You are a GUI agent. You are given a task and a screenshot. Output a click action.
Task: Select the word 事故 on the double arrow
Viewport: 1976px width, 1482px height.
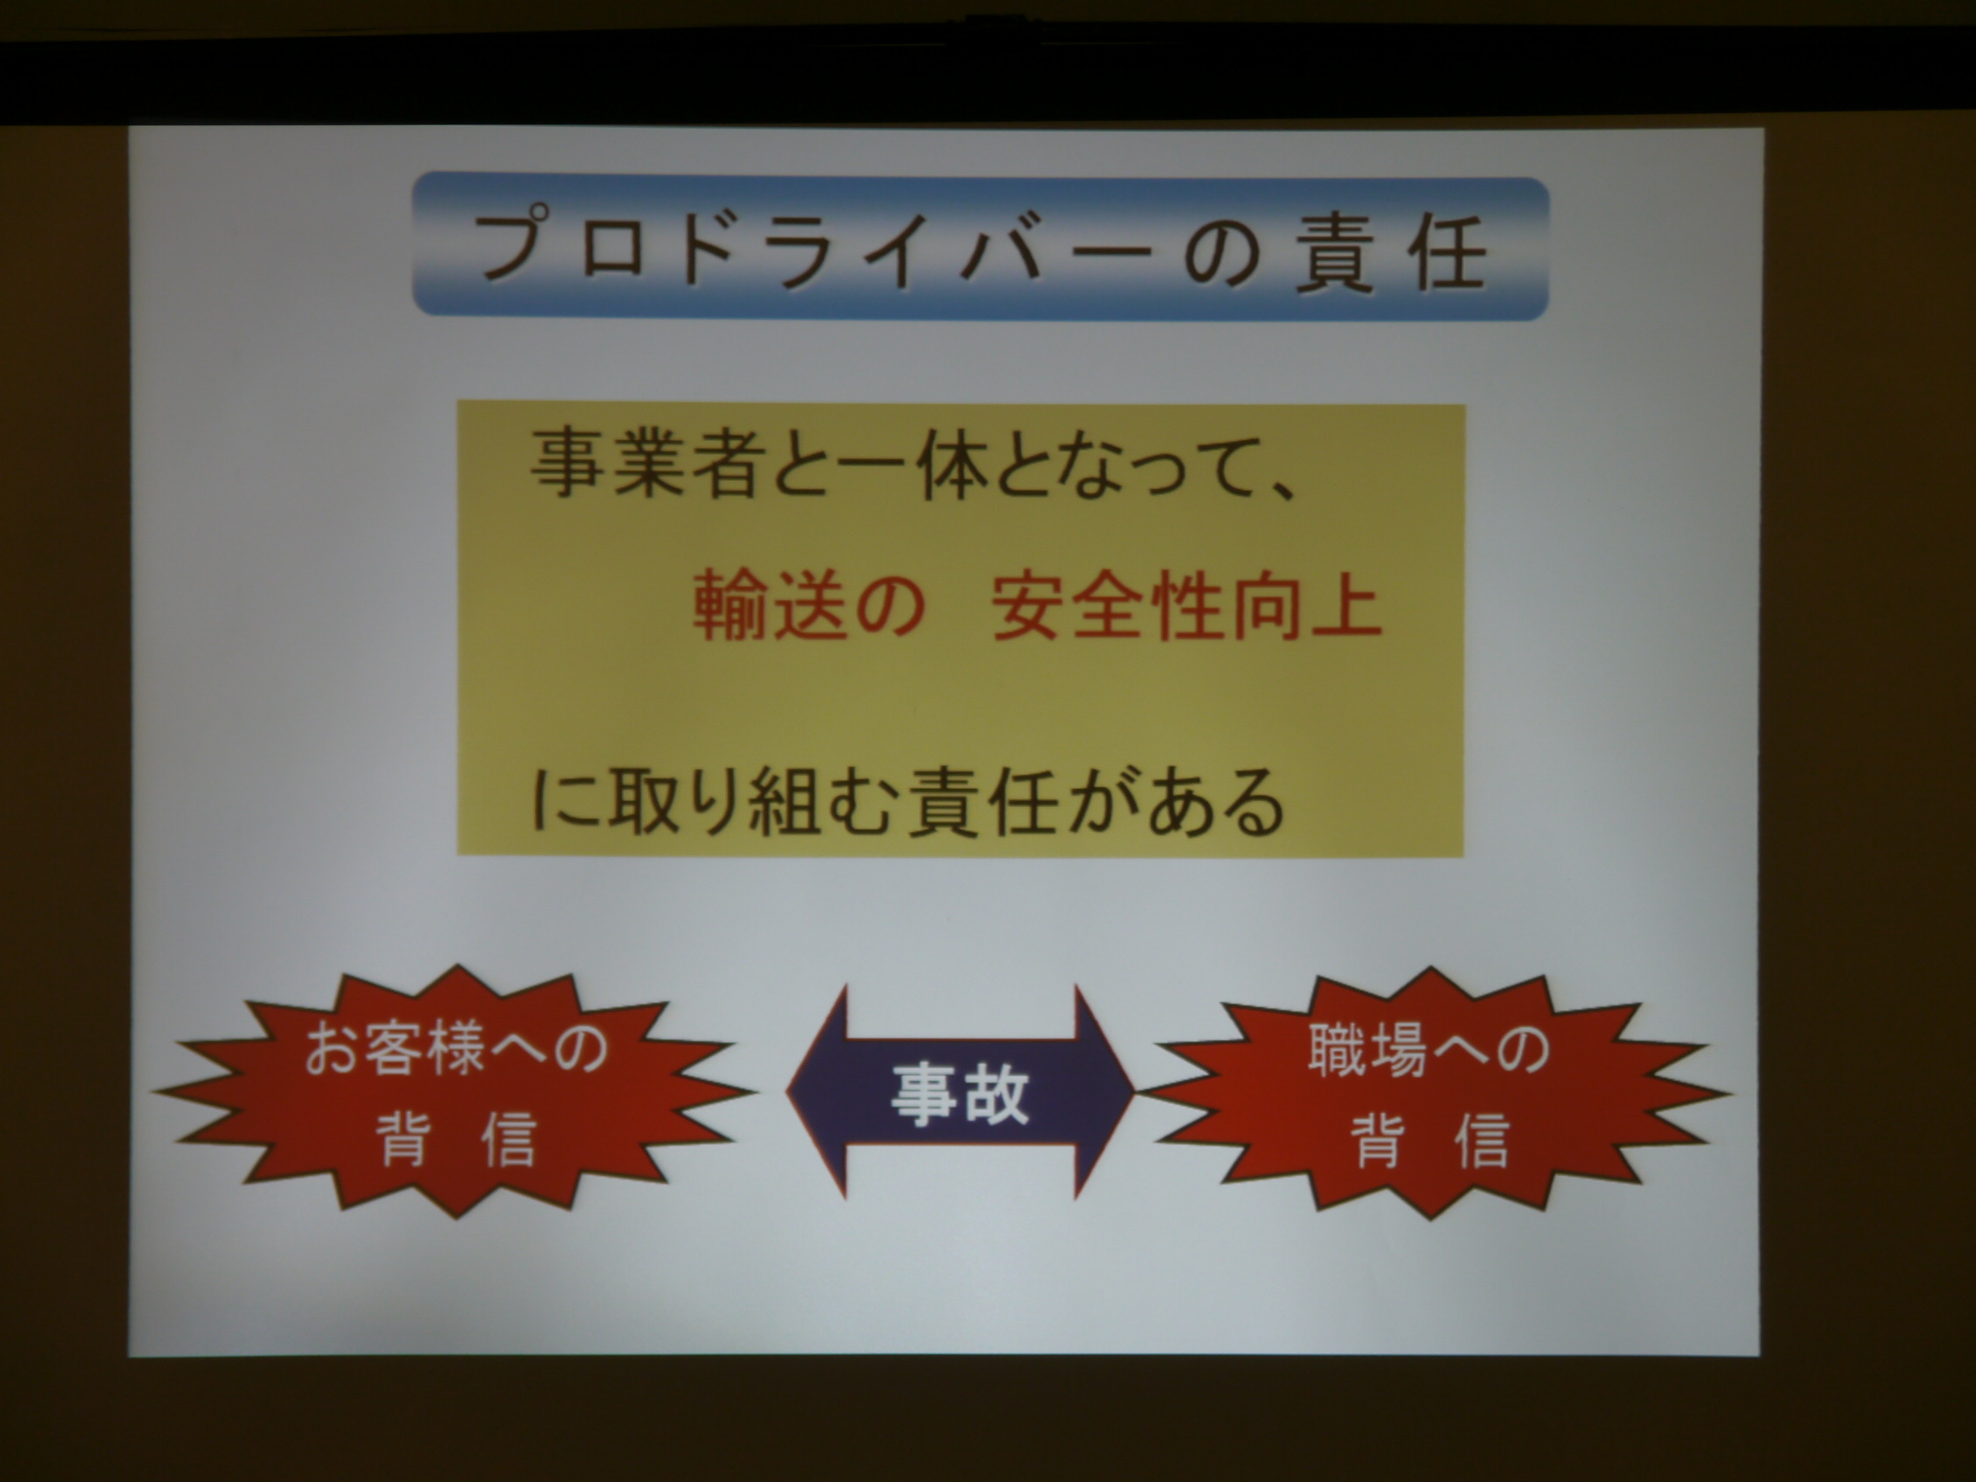960,1092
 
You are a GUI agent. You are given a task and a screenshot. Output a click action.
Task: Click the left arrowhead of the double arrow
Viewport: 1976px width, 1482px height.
817,1091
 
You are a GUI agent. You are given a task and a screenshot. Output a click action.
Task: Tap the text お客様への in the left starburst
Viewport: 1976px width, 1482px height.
456,1049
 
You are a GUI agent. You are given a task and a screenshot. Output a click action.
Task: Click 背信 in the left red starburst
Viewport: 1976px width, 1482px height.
457,1139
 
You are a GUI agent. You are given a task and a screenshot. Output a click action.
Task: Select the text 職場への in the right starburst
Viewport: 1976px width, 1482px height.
1429,1051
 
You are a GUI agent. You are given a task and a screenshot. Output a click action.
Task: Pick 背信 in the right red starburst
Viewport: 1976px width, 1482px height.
1430,1141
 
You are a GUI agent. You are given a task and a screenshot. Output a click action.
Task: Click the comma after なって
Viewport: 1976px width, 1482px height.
1284,489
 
